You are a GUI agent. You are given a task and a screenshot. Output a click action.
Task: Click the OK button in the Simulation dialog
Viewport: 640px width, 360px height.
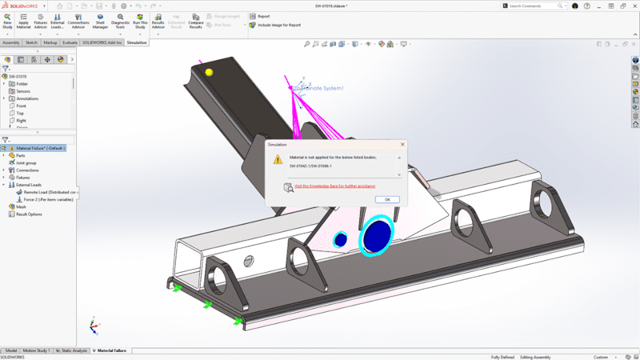386,199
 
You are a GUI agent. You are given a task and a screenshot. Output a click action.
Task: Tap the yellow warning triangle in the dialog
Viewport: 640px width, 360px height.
278,159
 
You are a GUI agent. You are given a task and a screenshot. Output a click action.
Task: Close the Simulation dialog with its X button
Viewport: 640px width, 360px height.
402,144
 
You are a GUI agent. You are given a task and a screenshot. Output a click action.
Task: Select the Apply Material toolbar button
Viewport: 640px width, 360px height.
23,20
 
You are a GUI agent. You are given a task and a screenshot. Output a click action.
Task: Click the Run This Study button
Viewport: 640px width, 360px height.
140,20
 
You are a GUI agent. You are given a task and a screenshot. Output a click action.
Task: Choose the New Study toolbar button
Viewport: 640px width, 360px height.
7,20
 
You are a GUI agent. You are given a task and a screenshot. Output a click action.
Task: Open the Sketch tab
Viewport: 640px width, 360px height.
31,42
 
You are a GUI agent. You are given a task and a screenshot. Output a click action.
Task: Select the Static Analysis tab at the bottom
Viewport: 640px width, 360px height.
71,350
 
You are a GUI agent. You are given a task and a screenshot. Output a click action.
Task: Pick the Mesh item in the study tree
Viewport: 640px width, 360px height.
21,206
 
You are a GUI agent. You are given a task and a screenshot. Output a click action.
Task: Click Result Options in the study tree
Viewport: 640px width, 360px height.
30,214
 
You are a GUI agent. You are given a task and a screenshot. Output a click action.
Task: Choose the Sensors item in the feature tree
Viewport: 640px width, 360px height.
23,91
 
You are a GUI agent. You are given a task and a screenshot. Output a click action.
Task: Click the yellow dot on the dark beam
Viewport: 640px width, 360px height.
210,72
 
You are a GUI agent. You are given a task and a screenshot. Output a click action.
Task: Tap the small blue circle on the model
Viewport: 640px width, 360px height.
340,239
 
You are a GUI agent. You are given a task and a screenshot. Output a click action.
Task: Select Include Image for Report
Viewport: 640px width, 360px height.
278,25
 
